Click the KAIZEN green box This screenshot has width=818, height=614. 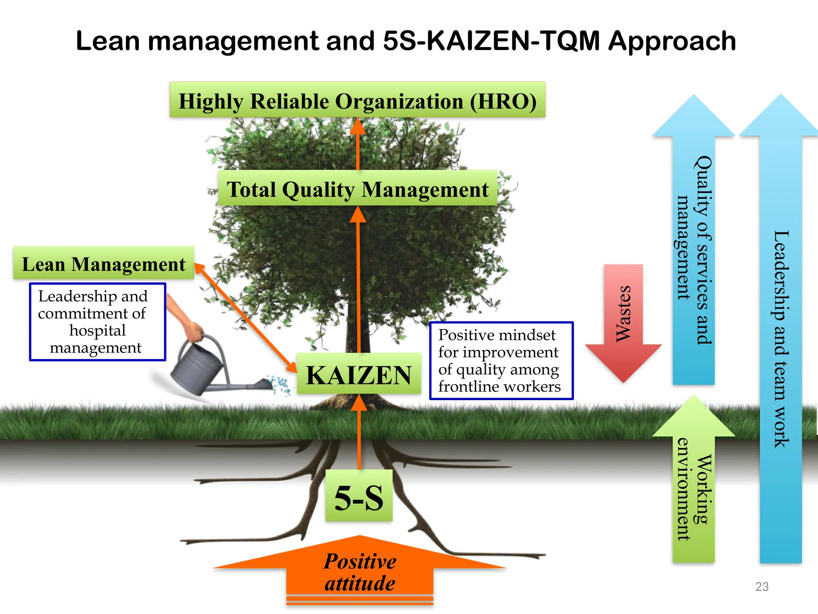[358, 375]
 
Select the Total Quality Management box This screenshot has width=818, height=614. [357, 189]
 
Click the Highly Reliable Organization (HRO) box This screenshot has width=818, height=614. [357, 100]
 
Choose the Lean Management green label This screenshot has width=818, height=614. [103, 264]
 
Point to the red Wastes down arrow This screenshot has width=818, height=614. [623, 320]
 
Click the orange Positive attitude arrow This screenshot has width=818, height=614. [359, 572]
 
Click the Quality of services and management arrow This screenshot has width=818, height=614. [694, 248]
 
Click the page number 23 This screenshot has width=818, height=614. [762, 586]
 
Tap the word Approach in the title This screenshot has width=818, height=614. [672, 41]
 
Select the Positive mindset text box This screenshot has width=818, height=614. [501, 361]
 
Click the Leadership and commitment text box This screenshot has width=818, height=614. [97, 322]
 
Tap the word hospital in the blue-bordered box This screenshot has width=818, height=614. [97, 331]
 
